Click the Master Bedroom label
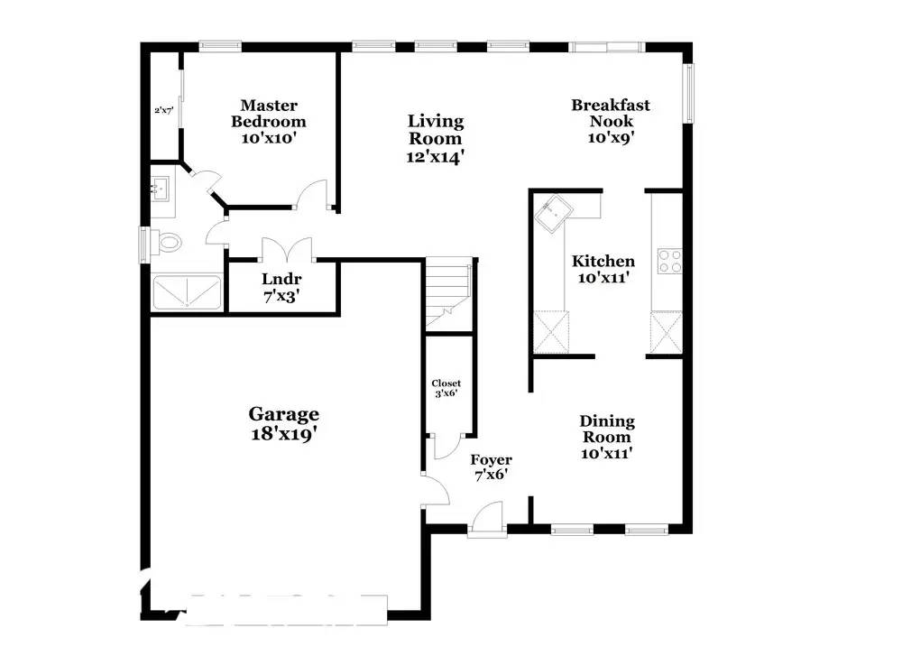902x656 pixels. coord(269,114)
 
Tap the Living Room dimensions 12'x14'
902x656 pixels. coord(436,156)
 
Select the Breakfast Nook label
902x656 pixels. coord(611,114)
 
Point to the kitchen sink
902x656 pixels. coord(551,215)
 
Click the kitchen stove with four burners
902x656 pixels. coord(670,261)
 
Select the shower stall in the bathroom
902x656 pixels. coord(186,292)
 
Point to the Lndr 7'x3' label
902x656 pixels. coord(281,287)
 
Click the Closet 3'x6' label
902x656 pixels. coord(446,389)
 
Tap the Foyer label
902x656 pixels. coord(492,459)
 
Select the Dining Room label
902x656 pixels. coord(606,430)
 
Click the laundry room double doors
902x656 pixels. coord(285,248)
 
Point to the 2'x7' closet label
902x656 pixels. coord(163,110)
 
